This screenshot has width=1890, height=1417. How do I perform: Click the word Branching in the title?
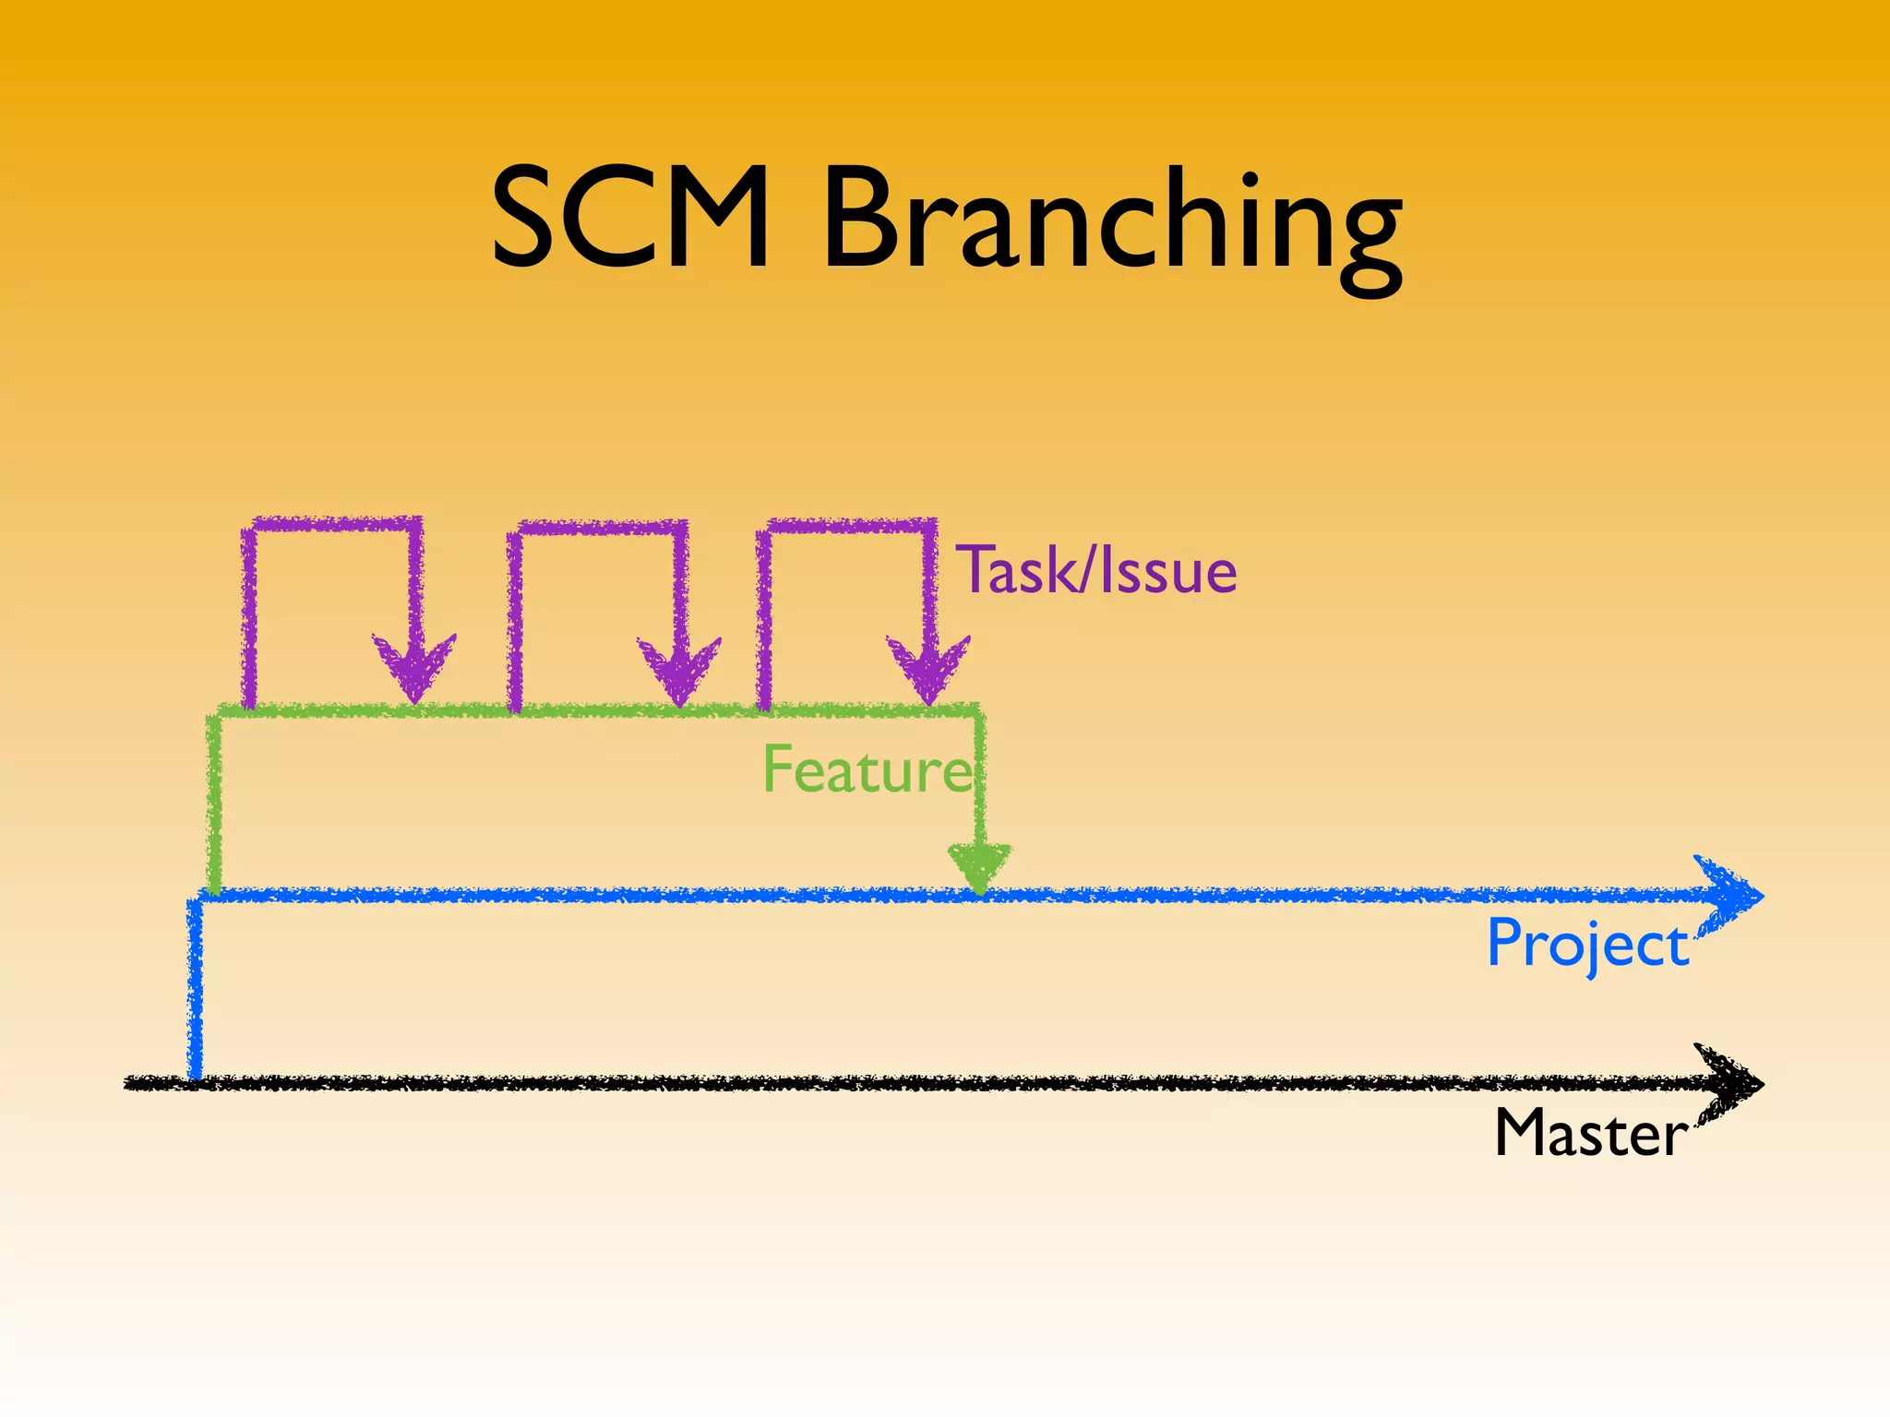1111,226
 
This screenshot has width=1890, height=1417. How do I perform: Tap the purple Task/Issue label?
1096,570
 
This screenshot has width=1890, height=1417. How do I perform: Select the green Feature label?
867,769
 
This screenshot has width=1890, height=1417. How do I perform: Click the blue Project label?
1587,945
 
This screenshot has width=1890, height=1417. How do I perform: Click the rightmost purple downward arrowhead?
928,670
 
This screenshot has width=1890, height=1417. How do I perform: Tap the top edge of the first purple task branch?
333,524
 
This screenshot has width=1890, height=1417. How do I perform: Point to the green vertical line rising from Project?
214,803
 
